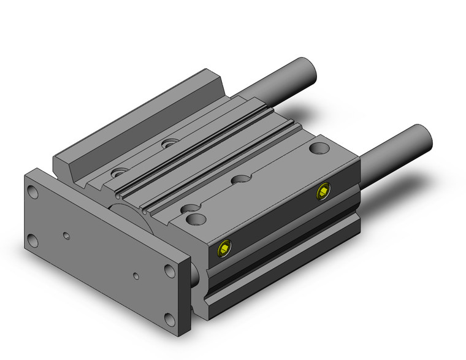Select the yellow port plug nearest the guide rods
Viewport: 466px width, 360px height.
coord(323,193)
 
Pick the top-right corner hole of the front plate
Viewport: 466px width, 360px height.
coord(169,270)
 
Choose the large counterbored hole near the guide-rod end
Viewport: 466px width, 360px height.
coord(318,148)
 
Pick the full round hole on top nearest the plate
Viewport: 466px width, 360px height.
coord(196,219)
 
